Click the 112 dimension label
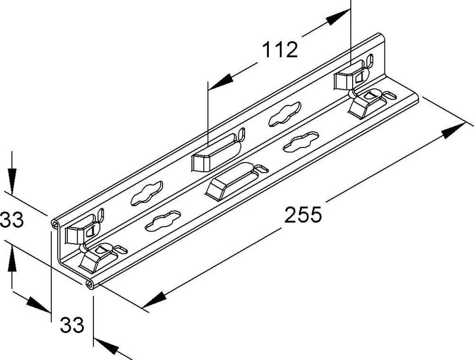pos(280,50)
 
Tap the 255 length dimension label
pos(303,215)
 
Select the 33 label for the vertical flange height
pos(11,220)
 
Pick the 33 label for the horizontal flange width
pos(72,325)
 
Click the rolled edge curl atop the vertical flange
pos(55,224)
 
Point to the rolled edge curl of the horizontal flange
pos(90,284)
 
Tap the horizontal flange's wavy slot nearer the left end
pos(163,221)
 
